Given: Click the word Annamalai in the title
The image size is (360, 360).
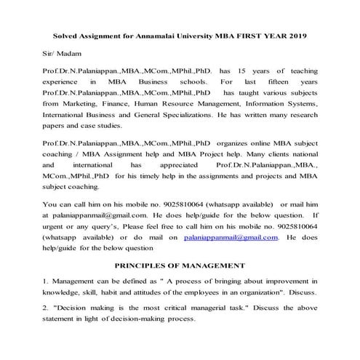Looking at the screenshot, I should [158, 36].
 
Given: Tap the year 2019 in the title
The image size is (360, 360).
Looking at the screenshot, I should [297, 36].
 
